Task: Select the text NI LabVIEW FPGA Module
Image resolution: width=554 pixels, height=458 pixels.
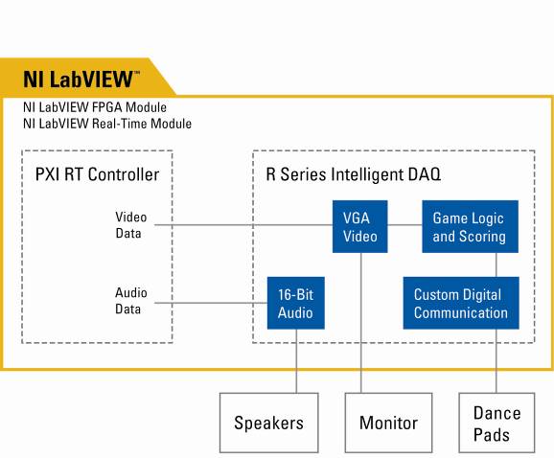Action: [x=95, y=107]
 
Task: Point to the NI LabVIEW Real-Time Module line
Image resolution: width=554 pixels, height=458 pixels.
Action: [x=107, y=124]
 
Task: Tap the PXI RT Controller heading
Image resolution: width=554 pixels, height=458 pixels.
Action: [x=97, y=174]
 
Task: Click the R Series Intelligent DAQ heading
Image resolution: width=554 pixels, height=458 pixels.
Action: [x=354, y=174]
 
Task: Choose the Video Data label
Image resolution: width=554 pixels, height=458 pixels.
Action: [x=130, y=225]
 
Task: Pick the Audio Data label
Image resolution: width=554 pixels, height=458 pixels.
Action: [x=130, y=301]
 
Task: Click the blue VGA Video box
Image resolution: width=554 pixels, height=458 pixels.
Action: [x=360, y=227]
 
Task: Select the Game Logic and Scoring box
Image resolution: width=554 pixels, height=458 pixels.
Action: [x=471, y=227]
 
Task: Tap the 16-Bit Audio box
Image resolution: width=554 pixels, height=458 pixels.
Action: [x=296, y=303]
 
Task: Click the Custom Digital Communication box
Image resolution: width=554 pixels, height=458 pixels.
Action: [x=461, y=303]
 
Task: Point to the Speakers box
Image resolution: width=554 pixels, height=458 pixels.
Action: [x=269, y=423]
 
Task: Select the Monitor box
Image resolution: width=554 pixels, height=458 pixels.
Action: [x=388, y=423]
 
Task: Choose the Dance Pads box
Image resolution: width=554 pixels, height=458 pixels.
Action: [x=496, y=423]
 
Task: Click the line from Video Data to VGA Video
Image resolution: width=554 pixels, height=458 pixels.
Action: [x=243, y=225]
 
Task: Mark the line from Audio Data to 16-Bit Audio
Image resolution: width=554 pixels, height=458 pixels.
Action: [x=211, y=303]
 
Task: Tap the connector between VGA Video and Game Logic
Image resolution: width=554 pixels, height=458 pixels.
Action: [x=404, y=225]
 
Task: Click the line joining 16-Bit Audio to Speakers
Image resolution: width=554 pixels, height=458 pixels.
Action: [x=296, y=361]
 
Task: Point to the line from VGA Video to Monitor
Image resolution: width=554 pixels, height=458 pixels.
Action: [x=361, y=323]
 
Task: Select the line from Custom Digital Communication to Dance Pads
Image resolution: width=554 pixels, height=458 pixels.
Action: [x=496, y=361]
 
